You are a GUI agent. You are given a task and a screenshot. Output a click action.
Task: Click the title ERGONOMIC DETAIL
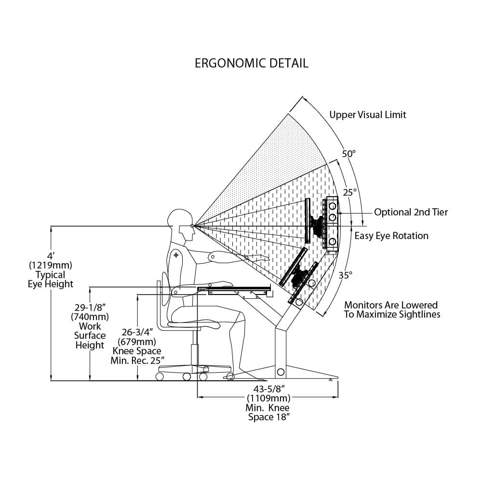pos(251,63)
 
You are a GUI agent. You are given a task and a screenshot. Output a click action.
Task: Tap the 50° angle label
pos(348,154)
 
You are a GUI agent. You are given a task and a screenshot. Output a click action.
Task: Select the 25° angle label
pos(349,192)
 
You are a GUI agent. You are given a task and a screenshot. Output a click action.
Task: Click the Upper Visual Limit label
pos(368,115)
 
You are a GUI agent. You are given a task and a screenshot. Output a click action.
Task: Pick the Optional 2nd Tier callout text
pos(411,212)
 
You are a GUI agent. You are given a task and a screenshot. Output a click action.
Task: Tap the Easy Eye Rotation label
pos(391,236)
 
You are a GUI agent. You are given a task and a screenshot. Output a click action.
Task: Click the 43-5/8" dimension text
pos(268,388)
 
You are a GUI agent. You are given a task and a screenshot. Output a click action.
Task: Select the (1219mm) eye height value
pos(50,265)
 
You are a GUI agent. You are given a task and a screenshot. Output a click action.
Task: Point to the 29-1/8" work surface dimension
pos(90,307)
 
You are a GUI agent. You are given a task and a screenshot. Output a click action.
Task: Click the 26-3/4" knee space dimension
pos(136,332)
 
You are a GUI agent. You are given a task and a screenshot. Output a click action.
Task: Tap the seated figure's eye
pos(192,226)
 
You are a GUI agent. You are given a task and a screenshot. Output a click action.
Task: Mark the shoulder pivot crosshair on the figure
pos(176,254)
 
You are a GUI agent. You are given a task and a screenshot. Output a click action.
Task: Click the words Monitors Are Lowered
pos(391,305)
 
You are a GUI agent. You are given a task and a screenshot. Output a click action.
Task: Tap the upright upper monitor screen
pos(307,220)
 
